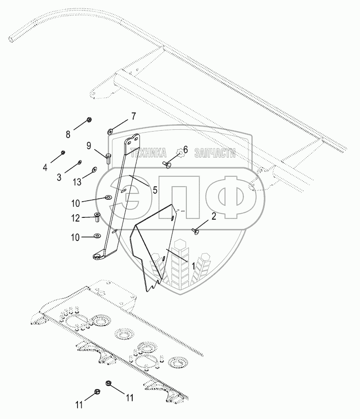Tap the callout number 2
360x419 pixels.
coord(213,216)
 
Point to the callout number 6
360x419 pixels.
coord(185,150)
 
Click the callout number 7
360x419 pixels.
coord(133,116)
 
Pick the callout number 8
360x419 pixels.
coord(68,135)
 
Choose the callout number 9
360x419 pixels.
coord(89,146)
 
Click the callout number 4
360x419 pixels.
coord(45,167)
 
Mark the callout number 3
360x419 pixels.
coord(59,177)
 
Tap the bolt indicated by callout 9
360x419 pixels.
coord(108,158)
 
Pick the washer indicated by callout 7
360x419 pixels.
coord(110,131)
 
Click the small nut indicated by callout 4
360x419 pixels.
coord(63,152)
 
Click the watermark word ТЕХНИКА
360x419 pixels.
coord(148,153)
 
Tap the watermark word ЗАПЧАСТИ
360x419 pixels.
coord(216,153)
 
